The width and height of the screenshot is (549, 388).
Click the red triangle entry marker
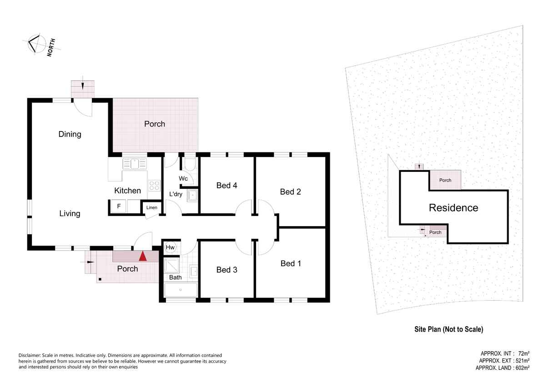coord(143,256)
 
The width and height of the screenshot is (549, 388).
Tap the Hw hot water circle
coord(170,247)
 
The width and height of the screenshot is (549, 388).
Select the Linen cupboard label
coord(152,207)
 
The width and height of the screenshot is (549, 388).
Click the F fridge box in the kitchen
coord(119,206)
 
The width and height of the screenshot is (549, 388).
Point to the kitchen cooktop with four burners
coord(154,186)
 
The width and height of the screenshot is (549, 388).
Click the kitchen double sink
coord(135,164)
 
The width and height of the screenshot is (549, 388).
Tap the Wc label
coord(183,178)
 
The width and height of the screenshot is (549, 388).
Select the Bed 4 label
coord(227,186)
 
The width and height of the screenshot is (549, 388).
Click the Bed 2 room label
coord(291,191)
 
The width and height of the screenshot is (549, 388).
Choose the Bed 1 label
coord(291,263)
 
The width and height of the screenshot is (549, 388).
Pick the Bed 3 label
coord(227,270)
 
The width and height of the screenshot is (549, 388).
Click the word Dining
coord(70,134)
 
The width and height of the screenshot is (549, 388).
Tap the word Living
coord(70,213)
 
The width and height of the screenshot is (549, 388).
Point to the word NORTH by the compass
coord(51,48)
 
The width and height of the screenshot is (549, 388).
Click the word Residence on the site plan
coord(453,208)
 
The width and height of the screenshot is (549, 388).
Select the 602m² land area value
coord(522,368)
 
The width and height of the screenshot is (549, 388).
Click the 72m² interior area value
coord(524,354)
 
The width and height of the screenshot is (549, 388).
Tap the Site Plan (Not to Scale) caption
coord(449,329)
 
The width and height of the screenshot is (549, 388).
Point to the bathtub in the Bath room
coord(181,290)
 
